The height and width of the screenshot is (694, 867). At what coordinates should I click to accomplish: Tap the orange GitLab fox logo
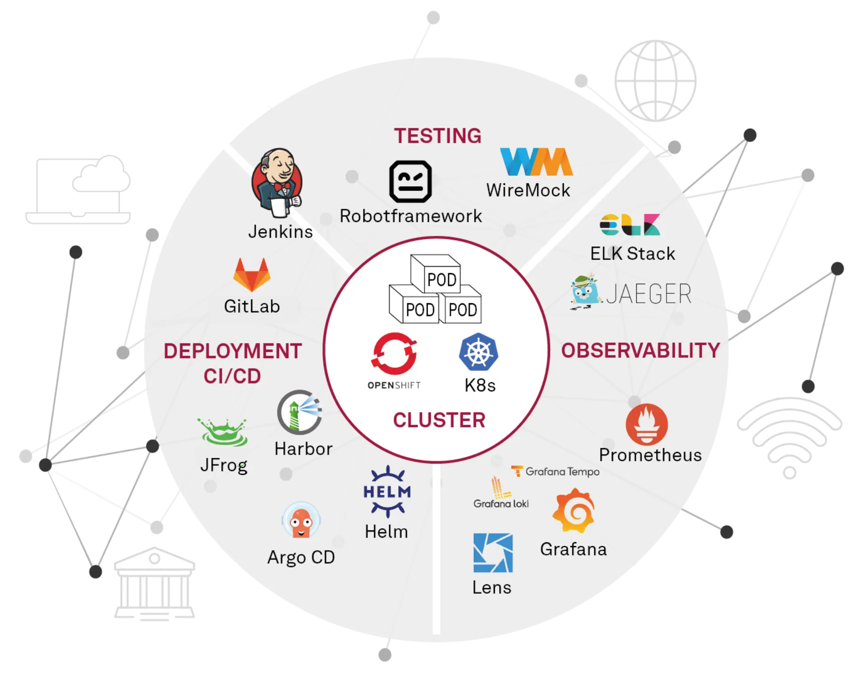[252, 275]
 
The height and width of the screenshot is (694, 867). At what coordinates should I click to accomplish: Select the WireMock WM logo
[536, 162]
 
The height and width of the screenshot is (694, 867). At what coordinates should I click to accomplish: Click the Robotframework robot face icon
[410, 182]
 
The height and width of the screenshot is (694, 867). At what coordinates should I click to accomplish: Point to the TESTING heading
[438, 136]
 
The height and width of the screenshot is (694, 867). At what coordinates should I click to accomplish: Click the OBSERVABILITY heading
[640, 351]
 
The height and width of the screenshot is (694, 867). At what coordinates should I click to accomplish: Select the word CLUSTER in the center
[439, 420]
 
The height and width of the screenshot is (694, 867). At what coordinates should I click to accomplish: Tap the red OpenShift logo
[394, 354]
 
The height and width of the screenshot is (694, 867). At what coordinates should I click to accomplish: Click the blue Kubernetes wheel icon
[479, 352]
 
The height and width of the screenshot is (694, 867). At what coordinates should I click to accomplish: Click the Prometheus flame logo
[647, 424]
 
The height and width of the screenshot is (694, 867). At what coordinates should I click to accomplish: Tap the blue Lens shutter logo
[493, 553]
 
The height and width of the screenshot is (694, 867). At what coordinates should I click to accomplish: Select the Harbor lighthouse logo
[299, 412]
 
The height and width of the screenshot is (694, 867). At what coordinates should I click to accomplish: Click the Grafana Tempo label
[556, 472]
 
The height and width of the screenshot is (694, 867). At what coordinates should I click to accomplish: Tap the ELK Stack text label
[633, 254]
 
